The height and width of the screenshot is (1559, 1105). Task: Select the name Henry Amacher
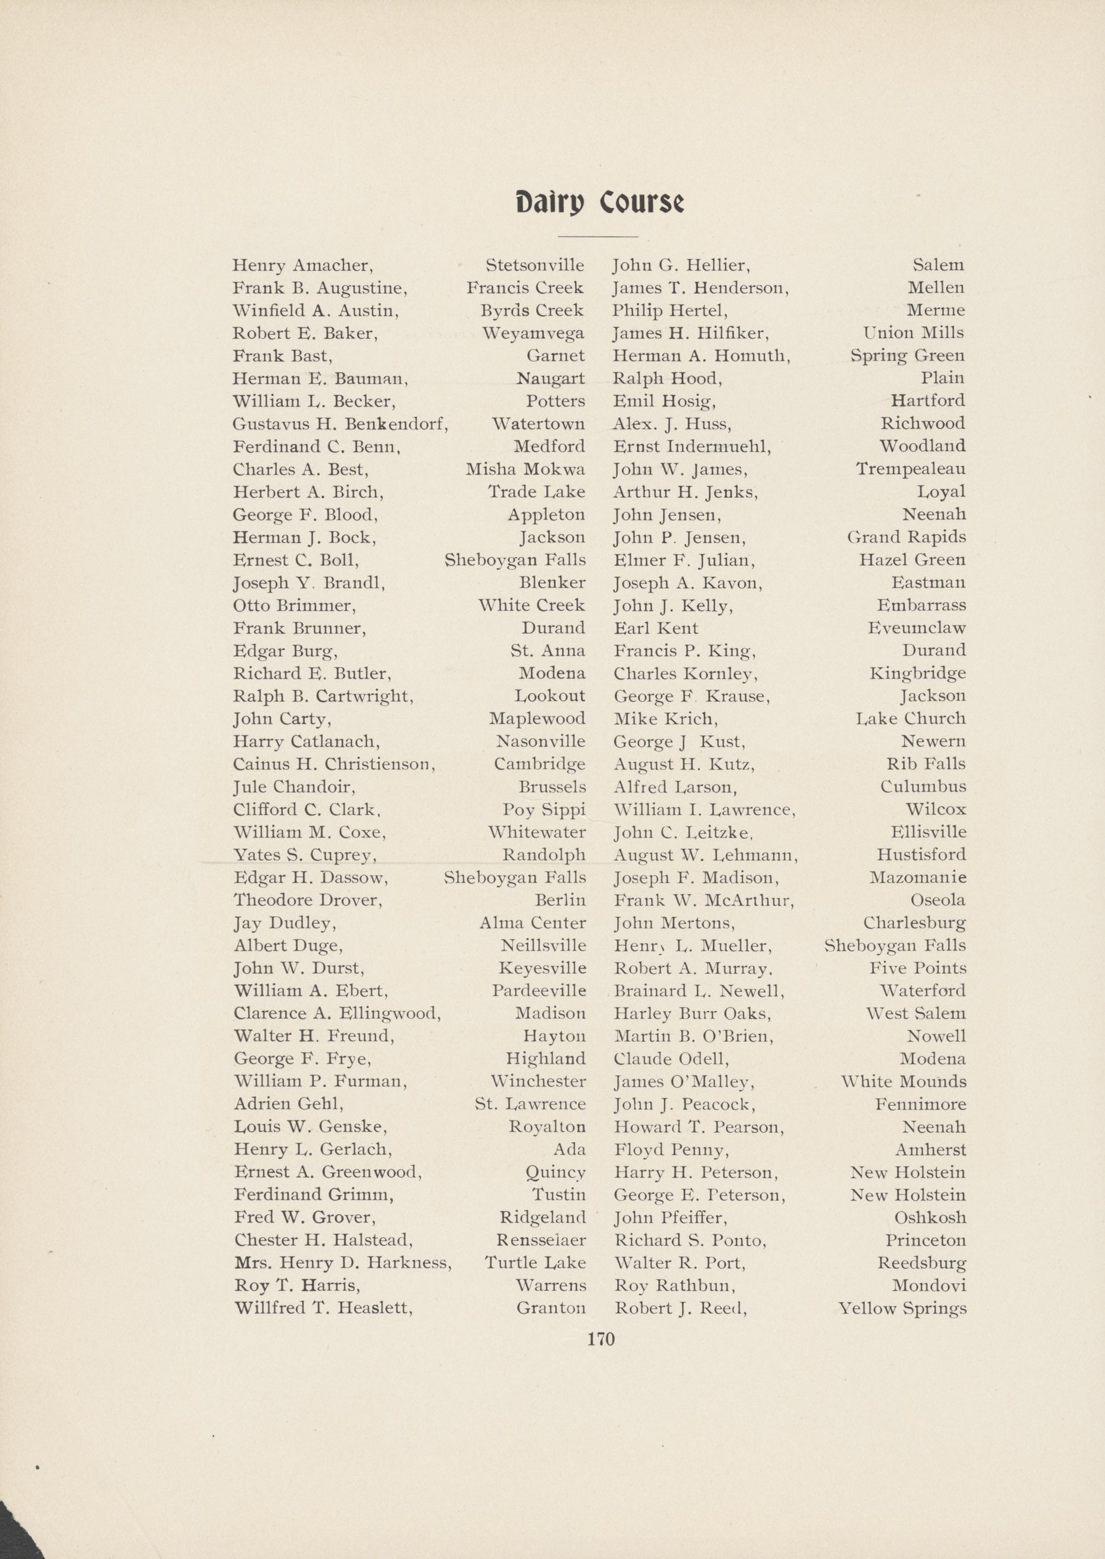tap(302, 265)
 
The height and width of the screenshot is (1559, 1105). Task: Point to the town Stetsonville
tap(535, 265)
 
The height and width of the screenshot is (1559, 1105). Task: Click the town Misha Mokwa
tap(525, 470)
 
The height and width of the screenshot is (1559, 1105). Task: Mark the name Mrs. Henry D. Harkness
tap(343, 1264)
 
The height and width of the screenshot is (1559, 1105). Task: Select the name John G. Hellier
tap(681, 265)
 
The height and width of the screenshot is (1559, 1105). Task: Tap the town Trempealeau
tap(910, 469)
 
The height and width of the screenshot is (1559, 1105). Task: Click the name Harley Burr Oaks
tap(692, 1014)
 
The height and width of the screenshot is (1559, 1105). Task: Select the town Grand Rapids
tap(906, 537)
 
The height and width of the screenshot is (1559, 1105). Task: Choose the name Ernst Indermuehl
tap(692, 446)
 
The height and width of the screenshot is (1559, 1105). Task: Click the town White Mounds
tap(903, 1082)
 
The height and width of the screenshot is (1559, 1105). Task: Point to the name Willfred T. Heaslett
tap(323, 1309)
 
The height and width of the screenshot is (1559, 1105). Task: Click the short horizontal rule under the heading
tap(598, 236)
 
